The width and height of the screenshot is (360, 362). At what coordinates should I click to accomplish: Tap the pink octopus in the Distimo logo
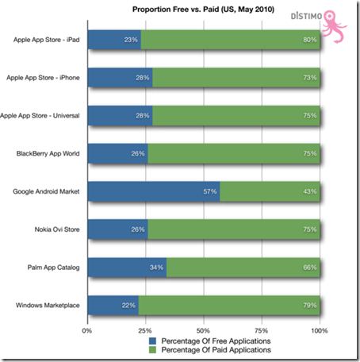tap(334, 26)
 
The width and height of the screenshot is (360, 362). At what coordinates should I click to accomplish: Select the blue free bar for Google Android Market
tap(154, 191)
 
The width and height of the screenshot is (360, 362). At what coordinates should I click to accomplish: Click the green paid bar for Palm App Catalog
tap(243, 268)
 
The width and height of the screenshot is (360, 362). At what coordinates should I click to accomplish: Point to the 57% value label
tap(210, 191)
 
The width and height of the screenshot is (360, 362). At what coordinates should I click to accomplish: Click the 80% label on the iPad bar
tap(310, 40)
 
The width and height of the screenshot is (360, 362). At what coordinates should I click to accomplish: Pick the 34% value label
tap(156, 268)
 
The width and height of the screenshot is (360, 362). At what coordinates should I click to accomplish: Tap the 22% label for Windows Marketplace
tap(128, 305)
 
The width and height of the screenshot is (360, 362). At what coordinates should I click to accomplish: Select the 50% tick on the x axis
tap(203, 330)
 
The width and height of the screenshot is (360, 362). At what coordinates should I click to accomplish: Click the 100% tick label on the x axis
tap(320, 330)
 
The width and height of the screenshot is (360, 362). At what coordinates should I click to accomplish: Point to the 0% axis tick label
tap(86, 330)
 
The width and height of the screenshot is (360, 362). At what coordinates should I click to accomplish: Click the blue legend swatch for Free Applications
tap(152, 341)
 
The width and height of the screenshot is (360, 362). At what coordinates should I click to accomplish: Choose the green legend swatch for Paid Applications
tap(152, 350)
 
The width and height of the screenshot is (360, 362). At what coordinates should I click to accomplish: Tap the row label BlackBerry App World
tap(48, 153)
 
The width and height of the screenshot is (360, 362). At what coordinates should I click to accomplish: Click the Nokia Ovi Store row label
tap(57, 229)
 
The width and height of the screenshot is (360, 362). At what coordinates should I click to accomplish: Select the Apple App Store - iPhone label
tap(43, 78)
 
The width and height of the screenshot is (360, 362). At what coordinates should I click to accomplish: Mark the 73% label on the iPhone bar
tap(310, 78)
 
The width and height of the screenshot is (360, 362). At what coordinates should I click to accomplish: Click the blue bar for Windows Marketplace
tap(113, 305)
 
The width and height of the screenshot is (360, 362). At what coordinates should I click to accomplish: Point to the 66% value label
tap(310, 268)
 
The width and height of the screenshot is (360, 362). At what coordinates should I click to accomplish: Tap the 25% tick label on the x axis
tap(145, 330)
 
